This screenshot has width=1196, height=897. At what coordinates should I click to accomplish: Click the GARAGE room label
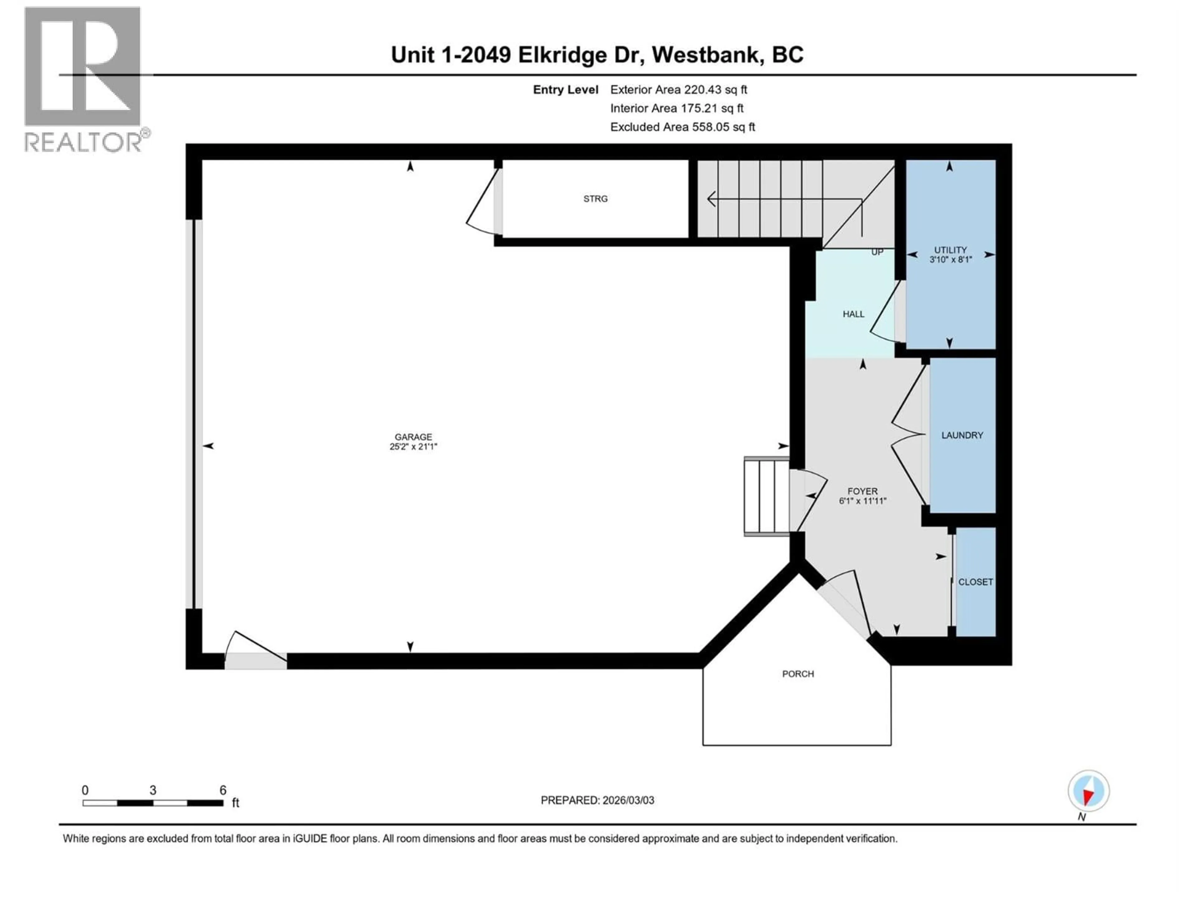pyautogui.click(x=413, y=437)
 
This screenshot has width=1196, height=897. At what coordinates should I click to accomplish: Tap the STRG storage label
pyautogui.click(x=595, y=199)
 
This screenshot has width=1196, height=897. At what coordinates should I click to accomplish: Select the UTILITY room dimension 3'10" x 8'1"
pyautogui.click(x=951, y=259)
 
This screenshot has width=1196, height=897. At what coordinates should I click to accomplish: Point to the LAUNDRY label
pyautogui.click(x=962, y=435)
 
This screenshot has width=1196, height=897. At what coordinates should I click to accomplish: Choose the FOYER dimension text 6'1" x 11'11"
pyautogui.click(x=862, y=501)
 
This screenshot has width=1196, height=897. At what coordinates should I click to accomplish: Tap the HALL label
pyautogui.click(x=853, y=314)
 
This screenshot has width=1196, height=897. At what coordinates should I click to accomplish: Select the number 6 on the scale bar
pyautogui.click(x=223, y=790)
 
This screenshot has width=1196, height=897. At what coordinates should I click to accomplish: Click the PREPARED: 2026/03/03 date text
pyautogui.click(x=597, y=800)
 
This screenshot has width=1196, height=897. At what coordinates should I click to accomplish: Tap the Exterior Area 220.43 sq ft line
pyautogui.click(x=679, y=90)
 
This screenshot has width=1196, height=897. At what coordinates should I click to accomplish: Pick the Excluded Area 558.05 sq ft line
pyautogui.click(x=682, y=127)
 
